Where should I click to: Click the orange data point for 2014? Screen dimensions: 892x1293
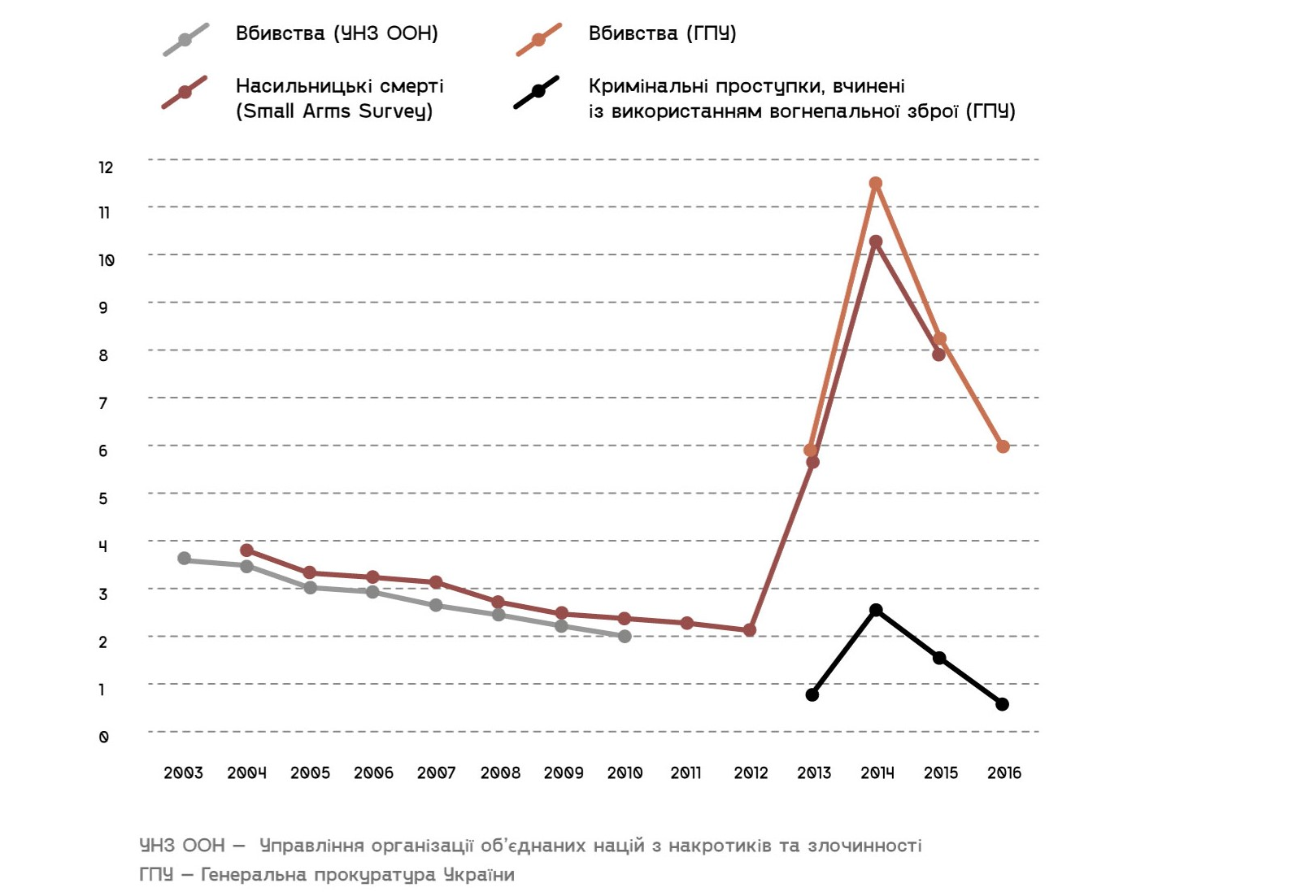(x=876, y=184)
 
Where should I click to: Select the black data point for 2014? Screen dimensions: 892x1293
(x=876, y=610)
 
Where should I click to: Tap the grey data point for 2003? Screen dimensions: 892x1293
(x=185, y=559)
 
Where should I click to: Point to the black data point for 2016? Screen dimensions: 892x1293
(x=1002, y=704)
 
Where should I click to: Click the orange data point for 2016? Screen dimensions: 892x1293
(x=1003, y=446)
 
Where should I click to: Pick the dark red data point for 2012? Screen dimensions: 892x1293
(x=750, y=630)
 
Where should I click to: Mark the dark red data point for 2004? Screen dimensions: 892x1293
(x=247, y=550)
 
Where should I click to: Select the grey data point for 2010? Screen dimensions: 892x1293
(x=625, y=637)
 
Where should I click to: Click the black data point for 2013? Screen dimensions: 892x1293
(x=812, y=694)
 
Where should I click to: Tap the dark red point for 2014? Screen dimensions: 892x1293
(x=876, y=241)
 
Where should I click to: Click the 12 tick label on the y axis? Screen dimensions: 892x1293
(x=106, y=168)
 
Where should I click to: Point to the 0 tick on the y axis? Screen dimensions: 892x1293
(x=103, y=738)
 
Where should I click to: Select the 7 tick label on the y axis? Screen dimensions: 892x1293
(x=103, y=403)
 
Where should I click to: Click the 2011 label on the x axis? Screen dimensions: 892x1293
(x=686, y=773)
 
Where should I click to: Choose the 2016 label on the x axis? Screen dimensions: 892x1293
(x=1004, y=773)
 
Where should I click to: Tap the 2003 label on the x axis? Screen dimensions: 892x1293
(x=183, y=773)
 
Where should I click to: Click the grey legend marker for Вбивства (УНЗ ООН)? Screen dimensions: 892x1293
(x=185, y=40)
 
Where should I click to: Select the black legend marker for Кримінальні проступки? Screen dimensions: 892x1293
(x=538, y=92)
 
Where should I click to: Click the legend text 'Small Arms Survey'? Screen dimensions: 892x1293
(x=334, y=111)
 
